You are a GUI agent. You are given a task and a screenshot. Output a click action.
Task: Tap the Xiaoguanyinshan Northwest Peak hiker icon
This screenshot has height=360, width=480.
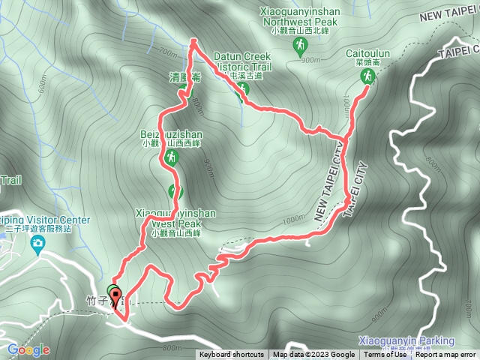point(299,46)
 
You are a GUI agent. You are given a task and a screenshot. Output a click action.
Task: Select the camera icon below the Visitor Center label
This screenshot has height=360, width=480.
point(37,243)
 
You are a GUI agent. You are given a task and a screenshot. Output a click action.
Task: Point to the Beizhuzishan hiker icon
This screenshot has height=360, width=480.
point(171,157)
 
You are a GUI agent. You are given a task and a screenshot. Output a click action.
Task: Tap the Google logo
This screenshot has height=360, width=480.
point(28,349)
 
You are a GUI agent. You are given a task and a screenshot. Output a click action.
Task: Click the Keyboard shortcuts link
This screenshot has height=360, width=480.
point(231,355)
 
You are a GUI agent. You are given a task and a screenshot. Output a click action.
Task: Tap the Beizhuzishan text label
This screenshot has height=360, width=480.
point(171,134)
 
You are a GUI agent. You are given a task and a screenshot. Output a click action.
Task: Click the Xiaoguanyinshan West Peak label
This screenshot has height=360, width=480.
point(175,218)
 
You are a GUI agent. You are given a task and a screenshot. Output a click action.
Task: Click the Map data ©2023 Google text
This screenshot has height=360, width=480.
point(313,355)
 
